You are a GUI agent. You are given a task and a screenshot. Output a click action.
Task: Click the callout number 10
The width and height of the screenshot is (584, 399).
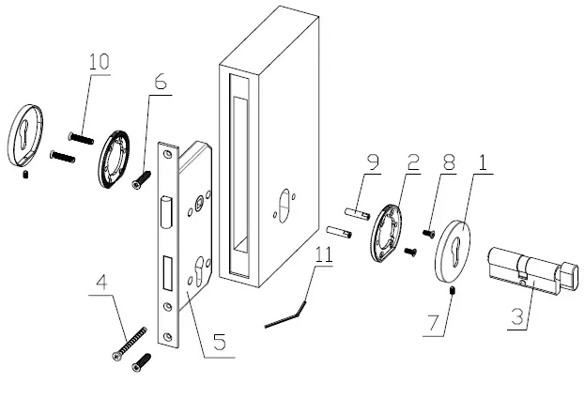click(x=98, y=62)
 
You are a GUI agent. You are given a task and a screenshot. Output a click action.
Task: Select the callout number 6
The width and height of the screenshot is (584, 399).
click(x=161, y=84)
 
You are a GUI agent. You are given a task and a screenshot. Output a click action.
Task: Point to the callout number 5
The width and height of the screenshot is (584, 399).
click(x=217, y=343)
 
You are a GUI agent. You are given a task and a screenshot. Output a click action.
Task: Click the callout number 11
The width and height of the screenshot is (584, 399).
click(x=323, y=253)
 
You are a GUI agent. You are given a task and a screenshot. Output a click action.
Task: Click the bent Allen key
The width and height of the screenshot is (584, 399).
click(x=286, y=315)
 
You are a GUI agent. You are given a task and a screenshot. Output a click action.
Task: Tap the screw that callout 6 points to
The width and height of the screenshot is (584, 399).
click(x=142, y=177)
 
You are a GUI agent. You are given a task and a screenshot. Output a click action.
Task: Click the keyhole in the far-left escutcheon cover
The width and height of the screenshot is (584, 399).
click(x=25, y=134)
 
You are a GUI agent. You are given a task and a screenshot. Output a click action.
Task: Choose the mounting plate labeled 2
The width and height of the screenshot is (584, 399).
click(x=384, y=235)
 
